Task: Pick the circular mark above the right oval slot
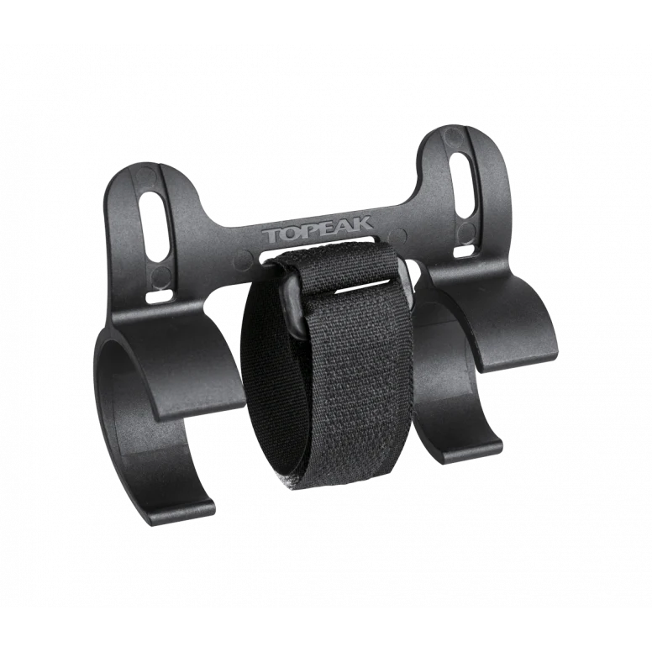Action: (454, 136)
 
